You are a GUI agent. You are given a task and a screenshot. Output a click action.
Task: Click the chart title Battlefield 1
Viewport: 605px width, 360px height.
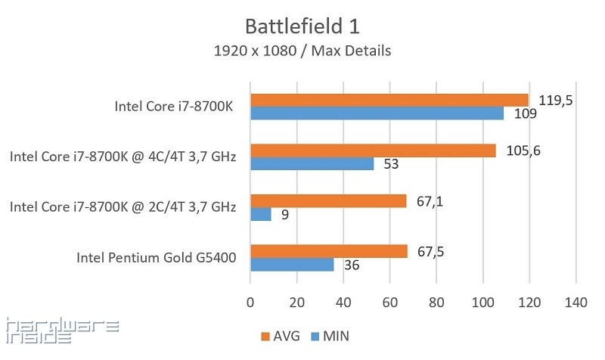coord(302,26)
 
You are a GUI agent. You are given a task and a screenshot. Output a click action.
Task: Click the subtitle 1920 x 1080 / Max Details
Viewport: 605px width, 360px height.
coord(302,51)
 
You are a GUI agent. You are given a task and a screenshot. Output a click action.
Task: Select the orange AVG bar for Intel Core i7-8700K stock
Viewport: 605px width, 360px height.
coord(389,100)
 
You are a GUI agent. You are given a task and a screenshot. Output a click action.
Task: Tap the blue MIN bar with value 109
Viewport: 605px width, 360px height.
coord(377,113)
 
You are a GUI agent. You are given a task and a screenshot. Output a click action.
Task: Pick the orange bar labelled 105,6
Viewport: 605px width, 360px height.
coord(373,151)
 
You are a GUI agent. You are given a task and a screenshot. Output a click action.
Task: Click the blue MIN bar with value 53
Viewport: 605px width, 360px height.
coord(312,163)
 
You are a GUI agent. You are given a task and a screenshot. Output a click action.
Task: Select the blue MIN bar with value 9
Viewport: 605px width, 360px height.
coord(261,215)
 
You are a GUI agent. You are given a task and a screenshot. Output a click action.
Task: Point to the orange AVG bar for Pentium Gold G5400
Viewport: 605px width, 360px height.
coord(328,251)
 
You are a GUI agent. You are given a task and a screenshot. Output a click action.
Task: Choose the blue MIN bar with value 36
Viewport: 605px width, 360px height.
coord(292,265)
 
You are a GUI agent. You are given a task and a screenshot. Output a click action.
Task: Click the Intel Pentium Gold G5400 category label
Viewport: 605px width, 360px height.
coord(157,258)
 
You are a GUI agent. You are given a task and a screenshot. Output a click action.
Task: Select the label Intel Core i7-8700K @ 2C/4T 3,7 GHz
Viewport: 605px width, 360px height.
coord(123,207)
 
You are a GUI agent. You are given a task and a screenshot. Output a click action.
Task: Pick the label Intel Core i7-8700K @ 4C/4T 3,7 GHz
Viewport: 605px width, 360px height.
coord(123,157)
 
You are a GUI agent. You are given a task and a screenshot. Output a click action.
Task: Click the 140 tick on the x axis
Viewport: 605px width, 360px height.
coord(576,302)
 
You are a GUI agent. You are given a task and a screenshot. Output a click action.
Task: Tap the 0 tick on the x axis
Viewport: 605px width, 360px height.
coord(250,302)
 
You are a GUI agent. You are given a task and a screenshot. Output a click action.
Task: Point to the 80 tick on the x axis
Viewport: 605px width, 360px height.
coord(436,302)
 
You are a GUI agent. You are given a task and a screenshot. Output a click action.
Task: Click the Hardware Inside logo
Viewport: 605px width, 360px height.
coord(61,331)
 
